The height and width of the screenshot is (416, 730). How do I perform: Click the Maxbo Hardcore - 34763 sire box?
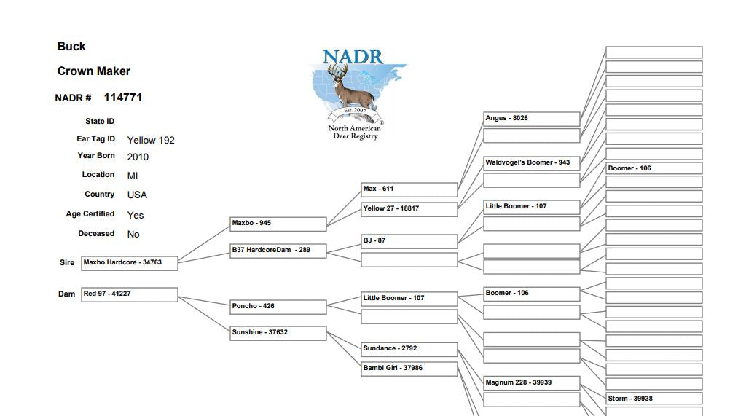pos(130,263)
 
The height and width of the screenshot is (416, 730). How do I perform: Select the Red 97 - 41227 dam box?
pos(130,294)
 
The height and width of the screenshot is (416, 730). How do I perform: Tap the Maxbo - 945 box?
pos(278,224)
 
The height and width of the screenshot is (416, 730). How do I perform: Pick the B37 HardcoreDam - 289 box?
pos(278,251)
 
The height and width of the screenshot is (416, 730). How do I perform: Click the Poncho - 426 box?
pos(278,307)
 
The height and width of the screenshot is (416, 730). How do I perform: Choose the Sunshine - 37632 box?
pos(278,333)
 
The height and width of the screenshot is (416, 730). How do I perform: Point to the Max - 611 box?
pos(409,189)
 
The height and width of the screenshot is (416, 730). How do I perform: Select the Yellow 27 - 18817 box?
pos(409,209)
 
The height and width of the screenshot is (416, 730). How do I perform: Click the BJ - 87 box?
pos(409,241)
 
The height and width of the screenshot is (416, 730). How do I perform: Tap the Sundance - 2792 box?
pos(409,349)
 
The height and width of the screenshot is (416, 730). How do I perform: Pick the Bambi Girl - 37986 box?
pos(409,369)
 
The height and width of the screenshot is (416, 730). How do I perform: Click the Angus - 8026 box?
pos(532,119)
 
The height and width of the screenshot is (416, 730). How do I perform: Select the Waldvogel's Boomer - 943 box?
pos(532,163)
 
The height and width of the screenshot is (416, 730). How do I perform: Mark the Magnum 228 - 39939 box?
pos(532,383)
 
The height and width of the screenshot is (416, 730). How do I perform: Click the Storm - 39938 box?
pos(654,399)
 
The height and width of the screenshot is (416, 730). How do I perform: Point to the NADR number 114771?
pos(122,98)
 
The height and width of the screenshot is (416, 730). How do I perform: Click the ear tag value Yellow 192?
pos(151,140)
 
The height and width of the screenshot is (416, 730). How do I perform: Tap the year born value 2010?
pos(138,157)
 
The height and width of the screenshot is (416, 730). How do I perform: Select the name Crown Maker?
pos(94,71)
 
